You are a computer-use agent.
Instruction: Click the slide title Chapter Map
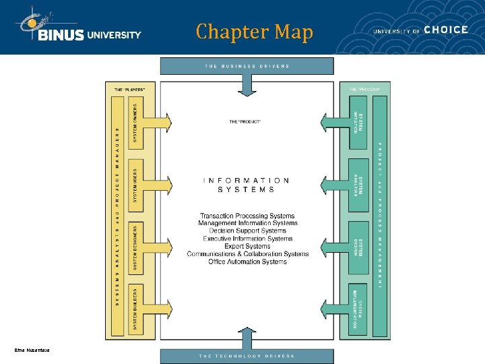click(x=255, y=32)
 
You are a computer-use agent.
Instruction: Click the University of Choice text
click(x=420, y=30)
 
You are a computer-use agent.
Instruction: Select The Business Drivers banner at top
click(x=247, y=66)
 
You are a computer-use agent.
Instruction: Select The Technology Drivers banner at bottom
click(x=247, y=355)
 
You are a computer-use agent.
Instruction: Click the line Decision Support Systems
click(x=248, y=231)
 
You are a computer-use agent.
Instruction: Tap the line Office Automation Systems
click(x=248, y=262)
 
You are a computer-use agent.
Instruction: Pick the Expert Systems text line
click(x=248, y=246)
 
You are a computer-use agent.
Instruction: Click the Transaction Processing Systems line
click(x=248, y=216)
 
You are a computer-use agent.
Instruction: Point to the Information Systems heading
click(x=247, y=185)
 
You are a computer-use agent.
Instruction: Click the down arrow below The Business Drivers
click(x=247, y=86)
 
